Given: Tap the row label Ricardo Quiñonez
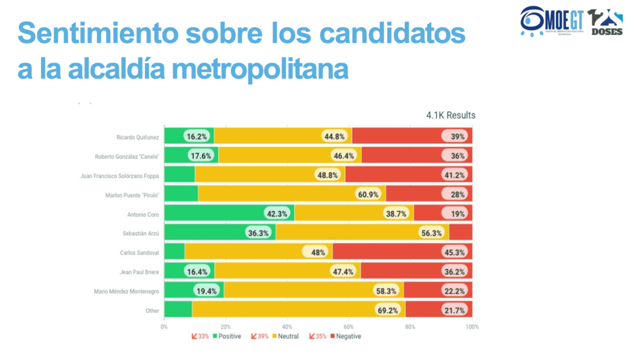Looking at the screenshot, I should pos(138,137).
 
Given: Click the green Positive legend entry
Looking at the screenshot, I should pos(227,336).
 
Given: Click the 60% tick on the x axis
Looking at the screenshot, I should pos(348,327).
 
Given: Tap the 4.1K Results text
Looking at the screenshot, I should pos(451,115).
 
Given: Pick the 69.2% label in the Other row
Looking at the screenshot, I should pos(388,310).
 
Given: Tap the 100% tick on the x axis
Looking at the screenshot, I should pos(472,327).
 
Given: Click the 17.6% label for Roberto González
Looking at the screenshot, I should pos(200,156).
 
